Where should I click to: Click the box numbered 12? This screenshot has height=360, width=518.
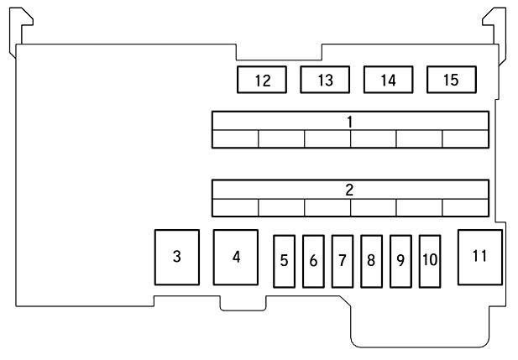(262, 80)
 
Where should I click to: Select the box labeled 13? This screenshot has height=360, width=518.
(325, 80)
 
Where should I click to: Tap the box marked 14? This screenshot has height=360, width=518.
(388, 80)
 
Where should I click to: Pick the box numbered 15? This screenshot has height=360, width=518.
(451, 80)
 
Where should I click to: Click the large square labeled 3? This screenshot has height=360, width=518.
(176, 257)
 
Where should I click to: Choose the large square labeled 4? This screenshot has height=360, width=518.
(237, 257)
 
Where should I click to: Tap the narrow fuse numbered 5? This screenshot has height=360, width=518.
(285, 260)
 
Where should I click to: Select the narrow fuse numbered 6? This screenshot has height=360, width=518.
(313, 260)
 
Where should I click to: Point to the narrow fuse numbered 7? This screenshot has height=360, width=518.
(343, 260)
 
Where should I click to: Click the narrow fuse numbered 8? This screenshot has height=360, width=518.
(371, 260)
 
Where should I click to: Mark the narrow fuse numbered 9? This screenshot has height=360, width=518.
(400, 260)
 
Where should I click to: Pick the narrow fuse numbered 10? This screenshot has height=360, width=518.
(430, 260)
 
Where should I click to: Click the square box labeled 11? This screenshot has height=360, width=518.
(479, 255)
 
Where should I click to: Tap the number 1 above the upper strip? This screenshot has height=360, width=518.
(349, 121)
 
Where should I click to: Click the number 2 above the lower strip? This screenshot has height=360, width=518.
(349, 190)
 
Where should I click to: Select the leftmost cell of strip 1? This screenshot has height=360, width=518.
(235, 138)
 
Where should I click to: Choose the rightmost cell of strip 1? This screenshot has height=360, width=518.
(465, 138)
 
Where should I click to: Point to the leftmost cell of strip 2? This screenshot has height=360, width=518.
(235, 207)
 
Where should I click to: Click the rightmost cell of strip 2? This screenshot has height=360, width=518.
(465, 207)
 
